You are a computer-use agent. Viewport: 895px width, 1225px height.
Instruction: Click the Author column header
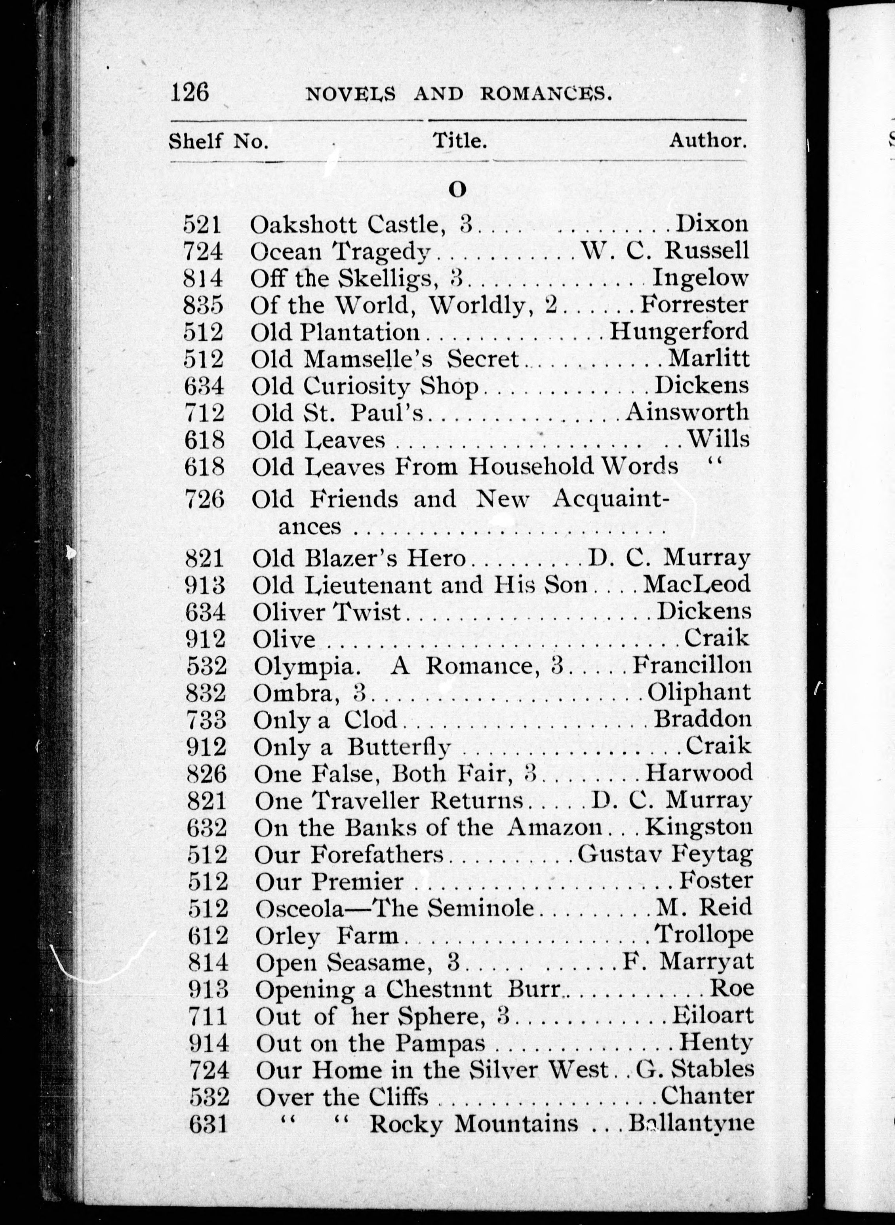tap(708, 141)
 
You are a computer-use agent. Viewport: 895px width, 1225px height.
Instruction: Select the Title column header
tap(459, 141)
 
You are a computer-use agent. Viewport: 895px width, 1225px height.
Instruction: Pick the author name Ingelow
tap(700, 278)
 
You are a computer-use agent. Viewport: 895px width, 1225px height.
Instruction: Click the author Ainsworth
tap(687, 412)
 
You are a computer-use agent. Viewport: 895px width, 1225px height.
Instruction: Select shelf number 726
tap(204, 499)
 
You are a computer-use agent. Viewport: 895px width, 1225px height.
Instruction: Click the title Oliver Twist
tap(327, 612)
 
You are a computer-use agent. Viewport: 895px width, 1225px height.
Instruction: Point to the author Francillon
tap(692, 665)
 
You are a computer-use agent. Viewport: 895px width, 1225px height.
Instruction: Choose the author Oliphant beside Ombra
tap(699, 692)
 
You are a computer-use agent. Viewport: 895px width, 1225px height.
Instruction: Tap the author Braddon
tap(703, 719)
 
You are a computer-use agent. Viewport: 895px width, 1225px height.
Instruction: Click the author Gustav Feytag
tap(665, 854)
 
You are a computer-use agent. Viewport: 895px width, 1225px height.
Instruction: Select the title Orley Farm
tap(327, 935)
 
